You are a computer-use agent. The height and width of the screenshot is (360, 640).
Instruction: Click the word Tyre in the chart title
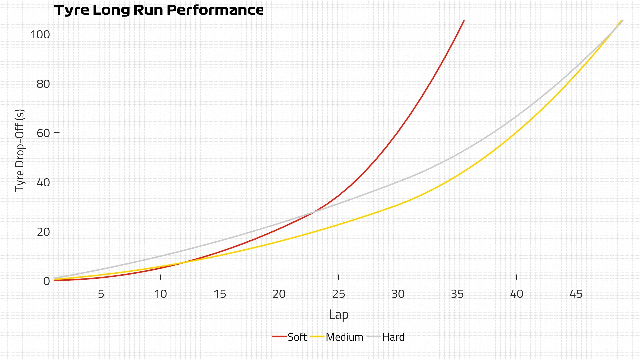pyautogui.click(x=72, y=10)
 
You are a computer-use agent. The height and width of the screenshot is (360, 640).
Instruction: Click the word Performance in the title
pyautogui.click(x=215, y=10)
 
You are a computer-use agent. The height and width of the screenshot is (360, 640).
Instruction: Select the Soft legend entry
pyautogui.click(x=297, y=337)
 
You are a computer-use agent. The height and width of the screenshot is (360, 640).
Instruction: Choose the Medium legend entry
pyautogui.click(x=344, y=337)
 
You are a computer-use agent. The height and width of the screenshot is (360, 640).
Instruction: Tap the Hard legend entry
pyautogui.click(x=393, y=337)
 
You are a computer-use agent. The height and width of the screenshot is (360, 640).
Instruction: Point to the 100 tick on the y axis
pyautogui.click(x=40, y=34)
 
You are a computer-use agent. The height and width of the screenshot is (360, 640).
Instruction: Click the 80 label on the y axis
pyautogui.click(x=43, y=84)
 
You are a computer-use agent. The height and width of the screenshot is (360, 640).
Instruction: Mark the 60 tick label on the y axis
pyautogui.click(x=43, y=133)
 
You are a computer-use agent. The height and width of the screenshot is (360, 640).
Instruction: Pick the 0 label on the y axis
pyautogui.click(x=46, y=281)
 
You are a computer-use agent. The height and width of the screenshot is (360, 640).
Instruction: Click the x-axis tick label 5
pyautogui.click(x=101, y=294)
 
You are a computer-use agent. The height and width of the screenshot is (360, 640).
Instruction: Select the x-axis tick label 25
pyautogui.click(x=338, y=294)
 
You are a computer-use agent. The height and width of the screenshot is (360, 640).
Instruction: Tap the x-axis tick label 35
pyautogui.click(x=457, y=294)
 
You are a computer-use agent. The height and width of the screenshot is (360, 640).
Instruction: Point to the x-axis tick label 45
pyautogui.click(x=576, y=294)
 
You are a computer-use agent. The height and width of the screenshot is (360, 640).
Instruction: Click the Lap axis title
pyautogui.click(x=338, y=314)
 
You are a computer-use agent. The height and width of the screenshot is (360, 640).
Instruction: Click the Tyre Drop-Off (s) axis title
pyautogui.click(x=20, y=150)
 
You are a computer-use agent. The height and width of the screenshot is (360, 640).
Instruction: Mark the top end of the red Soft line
pyautogui.click(x=464, y=21)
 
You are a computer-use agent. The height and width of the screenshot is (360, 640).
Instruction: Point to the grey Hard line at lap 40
pyautogui.click(x=516, y=117)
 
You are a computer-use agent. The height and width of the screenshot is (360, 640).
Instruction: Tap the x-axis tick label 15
pyautogui.click(x=220, y=294)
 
